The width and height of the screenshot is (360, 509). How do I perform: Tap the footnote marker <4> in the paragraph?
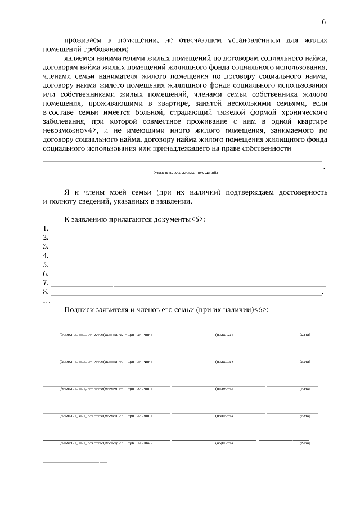point(92,130)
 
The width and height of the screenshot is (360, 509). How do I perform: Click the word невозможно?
point(63,130)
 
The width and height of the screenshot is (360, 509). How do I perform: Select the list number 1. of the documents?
point(46,228)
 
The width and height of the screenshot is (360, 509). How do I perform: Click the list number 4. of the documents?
point(46,255)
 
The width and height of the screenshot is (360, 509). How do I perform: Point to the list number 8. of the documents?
point(46,291)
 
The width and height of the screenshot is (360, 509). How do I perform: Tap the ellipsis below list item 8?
point(46,300)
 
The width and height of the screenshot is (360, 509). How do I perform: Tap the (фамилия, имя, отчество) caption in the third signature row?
point(106,389)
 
